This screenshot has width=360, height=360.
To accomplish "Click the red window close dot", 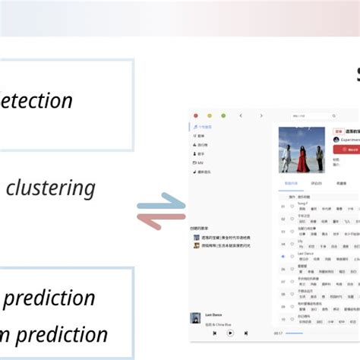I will click(x=195, y=115).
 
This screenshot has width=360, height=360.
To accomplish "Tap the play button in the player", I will click(x=230, y=333).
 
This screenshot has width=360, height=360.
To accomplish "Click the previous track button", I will click(x=215, y=333).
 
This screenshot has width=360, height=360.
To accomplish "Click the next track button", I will click(x=245, y=333).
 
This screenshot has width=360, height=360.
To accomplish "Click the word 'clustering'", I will click(x=50, y=188).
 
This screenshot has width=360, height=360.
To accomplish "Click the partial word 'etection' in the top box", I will click(x=37, y=100).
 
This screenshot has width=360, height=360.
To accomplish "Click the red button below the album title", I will click(x=346, y=150).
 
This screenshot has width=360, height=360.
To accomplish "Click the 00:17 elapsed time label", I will click(x=278, y=333).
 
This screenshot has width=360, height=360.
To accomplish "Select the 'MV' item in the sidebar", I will click(x=200, y=163).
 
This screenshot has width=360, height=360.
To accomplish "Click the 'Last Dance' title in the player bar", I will click(x=213, y=314).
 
